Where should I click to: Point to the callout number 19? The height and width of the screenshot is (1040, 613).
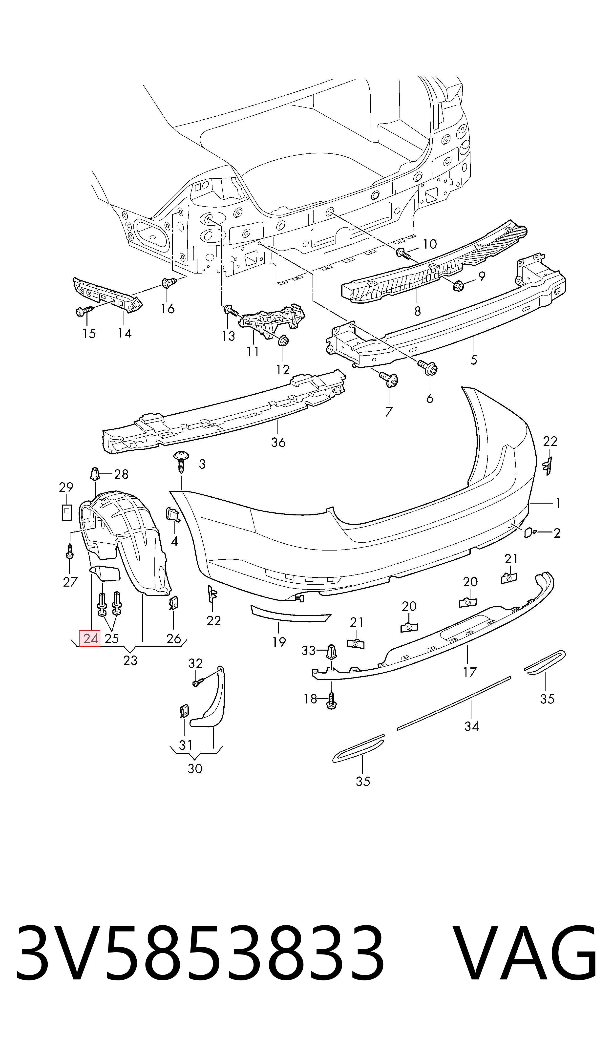(x=279, y=642)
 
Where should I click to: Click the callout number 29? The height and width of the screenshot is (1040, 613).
(x=66, y=487)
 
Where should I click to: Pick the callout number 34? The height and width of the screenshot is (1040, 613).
(x=472, y=726)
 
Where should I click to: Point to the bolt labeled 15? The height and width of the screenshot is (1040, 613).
(x=83, y=311)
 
